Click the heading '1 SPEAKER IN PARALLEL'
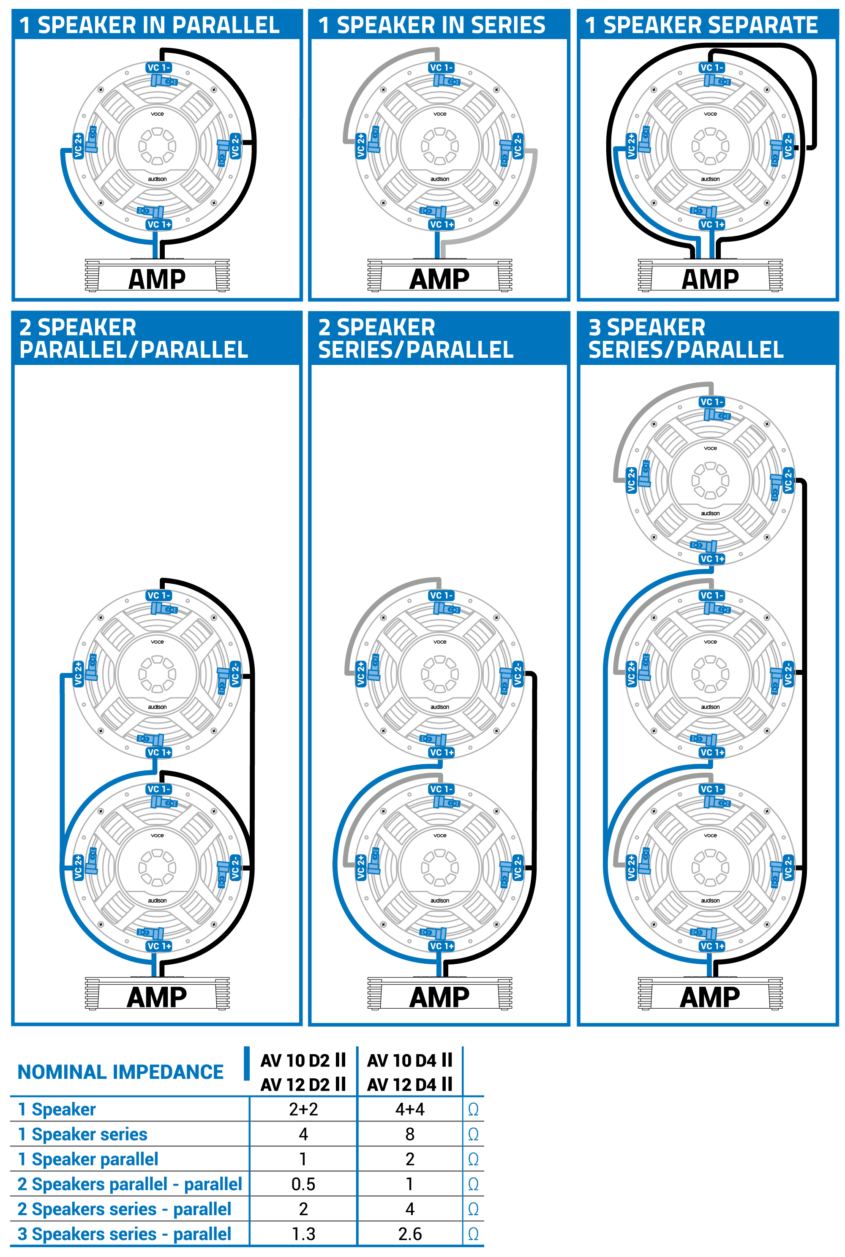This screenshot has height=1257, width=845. click(x=149, y=25)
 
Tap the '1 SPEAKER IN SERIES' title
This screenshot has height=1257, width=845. click(x=432, y=25)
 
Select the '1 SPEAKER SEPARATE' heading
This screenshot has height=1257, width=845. click(x=701, y=25)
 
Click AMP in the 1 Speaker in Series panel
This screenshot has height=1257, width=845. click(x=439, y=279)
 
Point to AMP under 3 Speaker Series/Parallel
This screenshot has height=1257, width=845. click(x=710, y=997)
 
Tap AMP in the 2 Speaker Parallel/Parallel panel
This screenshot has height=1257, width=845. click(x=157, y=997)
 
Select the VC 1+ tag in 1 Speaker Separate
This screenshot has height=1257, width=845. click(x=712, y=225)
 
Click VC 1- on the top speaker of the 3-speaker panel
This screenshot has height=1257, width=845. click(x=712, y=402)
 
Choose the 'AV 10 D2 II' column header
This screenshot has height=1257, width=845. click(x=303, y=1060)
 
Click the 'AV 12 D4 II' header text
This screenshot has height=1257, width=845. click(x=409, y=1084)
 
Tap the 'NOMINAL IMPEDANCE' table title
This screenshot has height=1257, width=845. click(x=121, y=1072)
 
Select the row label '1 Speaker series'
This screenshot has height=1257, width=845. click(x=82, y=1134)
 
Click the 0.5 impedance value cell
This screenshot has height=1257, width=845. click(x=303, y=1184)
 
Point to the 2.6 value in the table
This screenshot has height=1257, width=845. click(x=409, y=1234)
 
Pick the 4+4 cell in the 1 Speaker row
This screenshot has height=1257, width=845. click(x=409, y=1109)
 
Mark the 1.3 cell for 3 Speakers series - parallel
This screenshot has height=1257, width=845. click(x=303, y=1234)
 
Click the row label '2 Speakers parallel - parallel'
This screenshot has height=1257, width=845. click(x=129, y=1184)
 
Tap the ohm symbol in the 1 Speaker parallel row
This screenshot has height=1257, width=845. click(x=473, y=1159)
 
